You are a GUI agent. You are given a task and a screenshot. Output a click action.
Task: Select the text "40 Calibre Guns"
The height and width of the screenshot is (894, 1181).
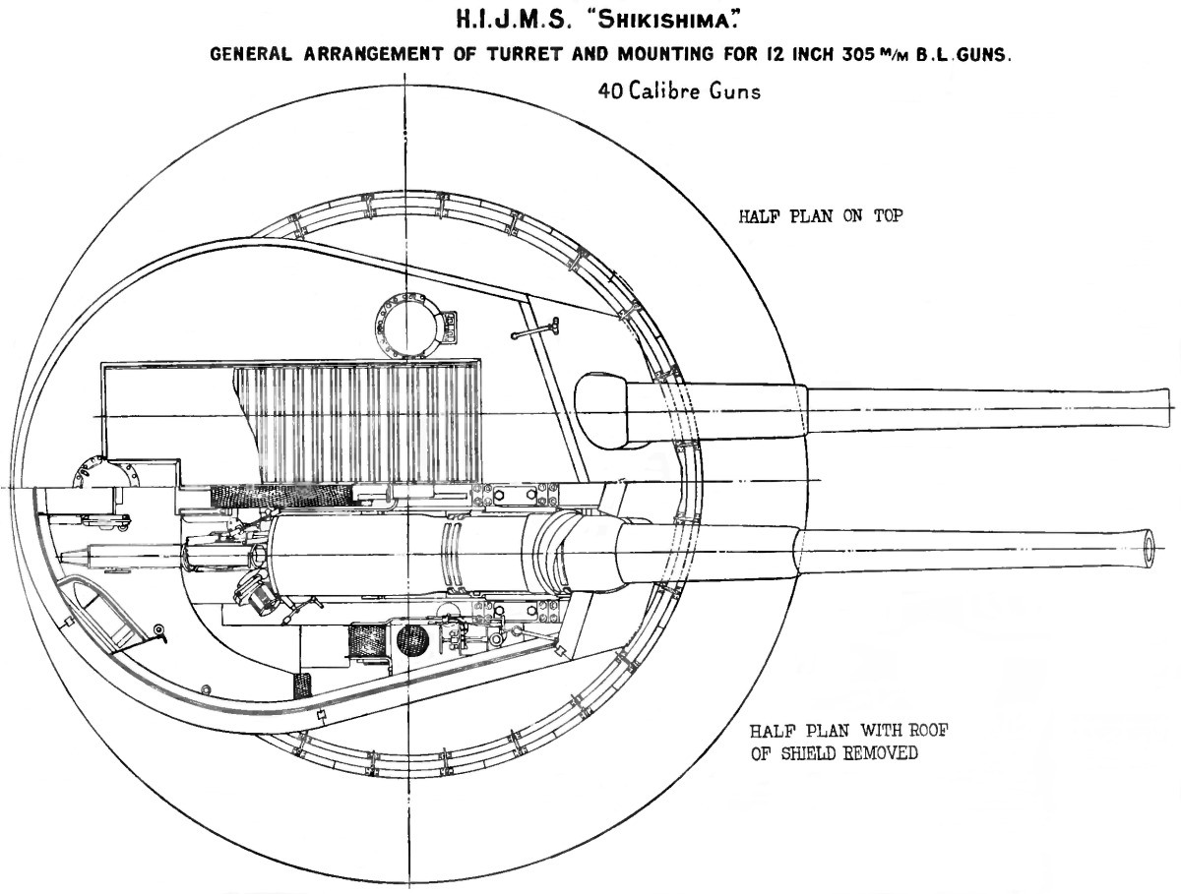pos(679,90)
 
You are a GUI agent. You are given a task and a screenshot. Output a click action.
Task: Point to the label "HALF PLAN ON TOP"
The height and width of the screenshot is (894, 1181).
pos(821,216)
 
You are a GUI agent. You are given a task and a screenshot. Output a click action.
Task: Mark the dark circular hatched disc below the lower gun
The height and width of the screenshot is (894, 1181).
pos(412,638)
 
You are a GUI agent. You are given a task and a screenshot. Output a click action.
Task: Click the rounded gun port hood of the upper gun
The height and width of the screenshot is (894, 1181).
pos(601,410)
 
